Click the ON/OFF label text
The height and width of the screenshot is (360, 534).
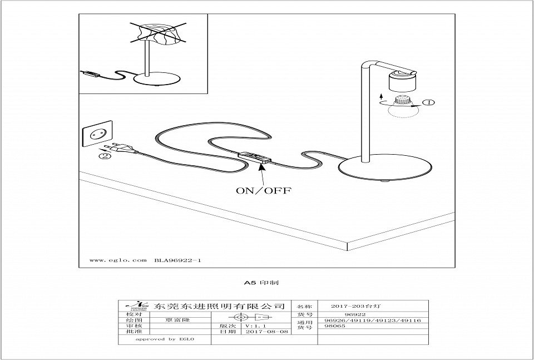pyautogui.click(x=264, y=190)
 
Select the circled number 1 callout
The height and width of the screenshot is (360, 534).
pyautogui.click(x=429, y=102)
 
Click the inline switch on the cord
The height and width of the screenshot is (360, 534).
pyautogui.click(x=255, y=157)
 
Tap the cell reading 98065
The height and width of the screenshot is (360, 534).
pyautogui.click(x=335, y=326)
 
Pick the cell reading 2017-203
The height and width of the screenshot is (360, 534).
pyautogui.click(x=355, y=306)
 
